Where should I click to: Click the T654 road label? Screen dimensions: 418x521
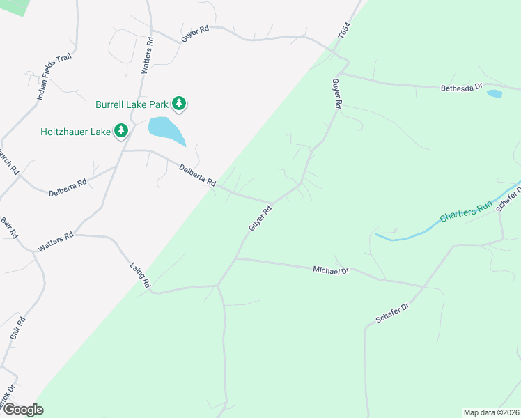[x=343, y=32]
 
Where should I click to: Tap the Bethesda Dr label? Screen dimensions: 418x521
[x=462, y=88]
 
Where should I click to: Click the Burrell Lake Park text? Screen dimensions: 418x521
[x=132, y=104]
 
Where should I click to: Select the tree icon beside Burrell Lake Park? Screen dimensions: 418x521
[x=180, y=104]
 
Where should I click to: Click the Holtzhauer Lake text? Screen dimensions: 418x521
[x=75, y=130]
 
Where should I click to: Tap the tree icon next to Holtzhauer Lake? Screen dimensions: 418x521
[x=122, y=130]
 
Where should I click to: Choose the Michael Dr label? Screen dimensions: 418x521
[x=330, y=270]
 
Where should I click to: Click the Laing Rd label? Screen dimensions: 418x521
[x=141, y=274]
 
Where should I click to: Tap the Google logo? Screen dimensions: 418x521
[x=22, y=410]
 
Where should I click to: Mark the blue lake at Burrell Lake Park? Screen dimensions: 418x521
[x=166, y=130]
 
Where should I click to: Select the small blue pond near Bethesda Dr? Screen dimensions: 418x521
[x=495, y=93]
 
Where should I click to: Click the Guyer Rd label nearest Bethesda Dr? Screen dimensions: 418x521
[x=337, y=93]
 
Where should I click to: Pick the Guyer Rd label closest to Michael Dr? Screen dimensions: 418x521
[x=259, y=218]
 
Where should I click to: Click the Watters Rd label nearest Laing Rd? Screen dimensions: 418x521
[x=56, y=242]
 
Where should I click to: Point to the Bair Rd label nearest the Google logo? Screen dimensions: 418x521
[x=19, y=328]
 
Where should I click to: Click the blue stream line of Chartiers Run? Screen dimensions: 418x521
[x=418, y=231]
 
